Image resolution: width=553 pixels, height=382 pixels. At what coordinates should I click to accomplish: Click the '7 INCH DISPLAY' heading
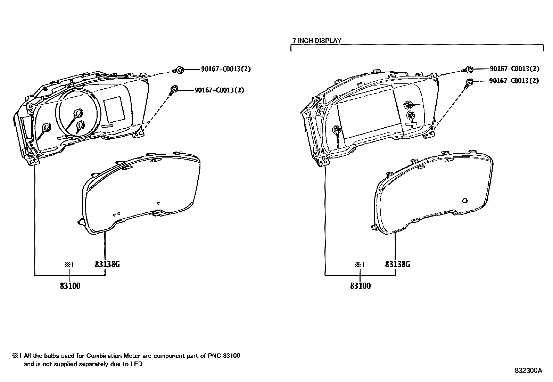point(317,41)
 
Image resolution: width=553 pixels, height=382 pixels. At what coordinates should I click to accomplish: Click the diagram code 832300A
point(528,371)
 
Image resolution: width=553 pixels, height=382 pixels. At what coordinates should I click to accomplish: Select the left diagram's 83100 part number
point(70,286)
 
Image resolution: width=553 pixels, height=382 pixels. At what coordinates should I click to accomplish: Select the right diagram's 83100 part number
point(360,286)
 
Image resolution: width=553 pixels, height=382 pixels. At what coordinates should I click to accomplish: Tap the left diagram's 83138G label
point(107,265)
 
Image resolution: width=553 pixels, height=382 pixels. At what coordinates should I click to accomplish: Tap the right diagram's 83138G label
point(397,265)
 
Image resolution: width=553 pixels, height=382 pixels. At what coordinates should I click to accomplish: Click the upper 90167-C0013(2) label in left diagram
point(226,69)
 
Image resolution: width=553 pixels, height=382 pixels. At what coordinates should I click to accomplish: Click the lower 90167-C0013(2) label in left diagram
point(219,90)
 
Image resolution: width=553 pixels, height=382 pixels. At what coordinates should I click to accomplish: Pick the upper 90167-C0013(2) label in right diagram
point(515,69)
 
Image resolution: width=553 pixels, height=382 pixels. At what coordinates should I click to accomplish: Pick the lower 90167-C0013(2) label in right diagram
point(514,81)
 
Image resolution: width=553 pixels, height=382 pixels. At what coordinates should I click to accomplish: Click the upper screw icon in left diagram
point(179,70)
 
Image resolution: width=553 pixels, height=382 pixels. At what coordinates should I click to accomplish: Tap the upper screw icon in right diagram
point(468,70)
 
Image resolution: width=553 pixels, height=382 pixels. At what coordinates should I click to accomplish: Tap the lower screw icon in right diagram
point(469,82)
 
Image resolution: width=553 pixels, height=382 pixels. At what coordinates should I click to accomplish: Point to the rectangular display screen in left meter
point(114,109)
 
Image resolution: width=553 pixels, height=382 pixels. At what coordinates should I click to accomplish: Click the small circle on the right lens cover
point(465,200)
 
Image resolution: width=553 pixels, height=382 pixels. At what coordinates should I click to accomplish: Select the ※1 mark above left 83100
point(69,265)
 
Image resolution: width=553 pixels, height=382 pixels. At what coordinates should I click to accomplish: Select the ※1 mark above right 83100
point(359,265)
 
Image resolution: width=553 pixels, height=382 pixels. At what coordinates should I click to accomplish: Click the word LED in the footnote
point(137,364)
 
